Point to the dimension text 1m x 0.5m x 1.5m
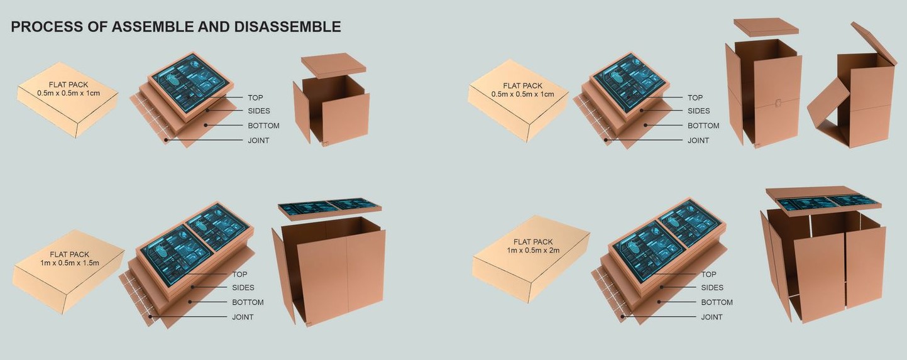[x=70, y=263]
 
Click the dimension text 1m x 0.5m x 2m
[x=533, y=250]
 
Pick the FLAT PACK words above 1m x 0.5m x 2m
[x=533, y=241]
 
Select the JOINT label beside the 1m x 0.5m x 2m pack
[x=712, y=317]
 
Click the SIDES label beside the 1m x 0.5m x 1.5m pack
[x=243, y=288]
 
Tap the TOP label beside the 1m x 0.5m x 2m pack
[x=708, y=274]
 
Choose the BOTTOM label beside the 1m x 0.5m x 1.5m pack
[x=248, y=302]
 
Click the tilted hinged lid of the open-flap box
[x=874, y=42]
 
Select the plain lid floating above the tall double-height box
[x=766, y=26]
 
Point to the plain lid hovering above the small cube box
[x=333, y=65]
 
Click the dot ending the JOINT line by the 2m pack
[x=623, y=317]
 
